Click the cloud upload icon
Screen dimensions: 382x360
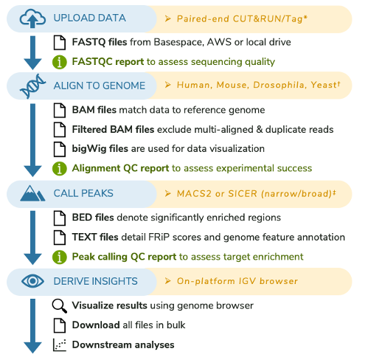(x=32, y=18)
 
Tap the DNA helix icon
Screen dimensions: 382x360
(x=32, y=86)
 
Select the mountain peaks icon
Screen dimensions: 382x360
(x=32, y=193)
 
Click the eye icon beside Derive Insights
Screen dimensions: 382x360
(x=32, y=281)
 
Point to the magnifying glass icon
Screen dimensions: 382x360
(x=60, y=306)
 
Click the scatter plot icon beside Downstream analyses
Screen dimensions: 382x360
(x=60, y=345)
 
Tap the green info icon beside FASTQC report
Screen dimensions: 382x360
(x=60, y=62)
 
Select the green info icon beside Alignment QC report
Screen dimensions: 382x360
(x=60, y=168)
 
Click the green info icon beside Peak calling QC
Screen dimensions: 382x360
(x=60, y=257)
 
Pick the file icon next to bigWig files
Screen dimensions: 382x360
(x=60, y=149)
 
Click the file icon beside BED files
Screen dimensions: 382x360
(x=60, y=218)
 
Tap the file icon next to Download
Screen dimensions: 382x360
(x=60, y=325)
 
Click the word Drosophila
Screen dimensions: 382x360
(x=279, y=85)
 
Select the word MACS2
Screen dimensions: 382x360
(x=194, y=194)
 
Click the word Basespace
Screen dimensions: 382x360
(x=179, y=42)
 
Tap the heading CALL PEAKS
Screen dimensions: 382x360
(x=83, y=193)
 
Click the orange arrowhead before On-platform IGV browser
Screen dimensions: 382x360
(x=168, y=281)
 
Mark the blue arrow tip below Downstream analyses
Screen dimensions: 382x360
(x=32, y=353)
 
